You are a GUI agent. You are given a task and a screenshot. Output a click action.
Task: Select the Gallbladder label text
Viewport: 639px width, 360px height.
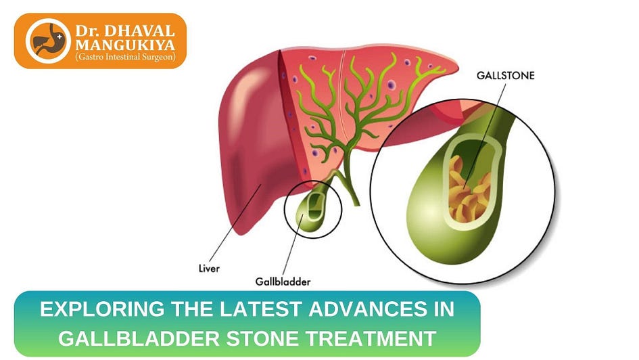(283, 280)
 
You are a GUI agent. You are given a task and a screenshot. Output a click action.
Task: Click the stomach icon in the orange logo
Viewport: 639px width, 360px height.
(47, 41)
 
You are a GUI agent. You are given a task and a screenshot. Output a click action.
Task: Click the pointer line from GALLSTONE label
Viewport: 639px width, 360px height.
(488, 122)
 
